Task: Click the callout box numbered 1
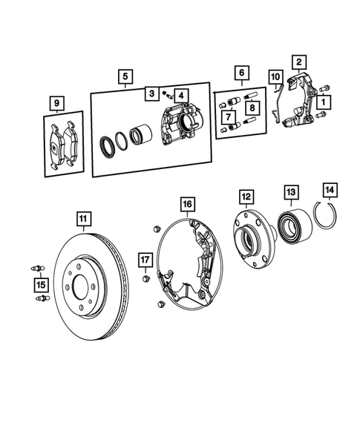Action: tap(327, 99)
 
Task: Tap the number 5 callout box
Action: tap(125, 76)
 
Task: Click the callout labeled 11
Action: tap(85, 218)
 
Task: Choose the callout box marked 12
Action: tap(246, 197)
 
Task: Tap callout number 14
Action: tap(329, 190)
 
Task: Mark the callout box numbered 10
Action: tap(275, 76)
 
